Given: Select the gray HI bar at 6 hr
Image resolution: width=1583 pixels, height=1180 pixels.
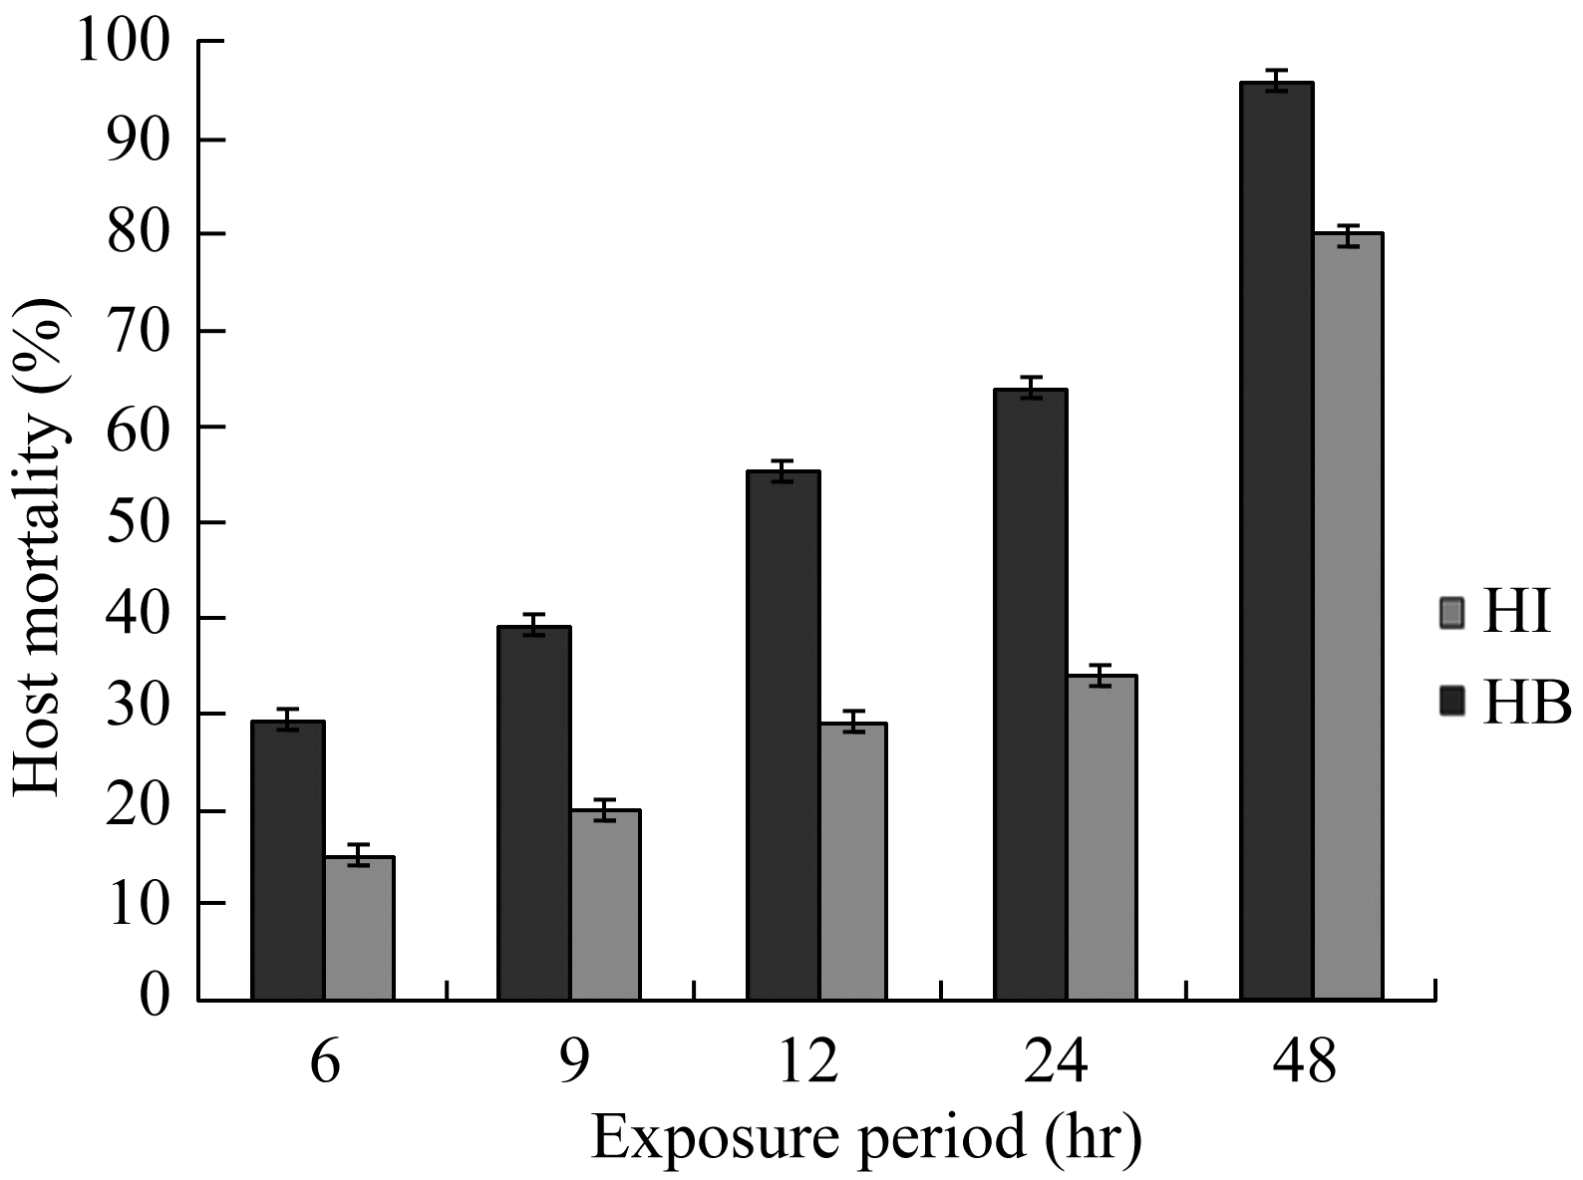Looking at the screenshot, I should point(360,928).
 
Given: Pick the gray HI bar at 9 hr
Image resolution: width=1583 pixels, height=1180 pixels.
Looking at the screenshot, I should point(605,905).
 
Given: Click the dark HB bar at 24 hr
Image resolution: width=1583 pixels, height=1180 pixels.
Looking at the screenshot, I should point(1031,695).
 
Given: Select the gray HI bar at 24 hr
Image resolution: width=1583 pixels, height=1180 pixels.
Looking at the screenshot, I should point(1102,837).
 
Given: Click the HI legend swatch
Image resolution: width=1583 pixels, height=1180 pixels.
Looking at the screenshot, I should point(1452,613).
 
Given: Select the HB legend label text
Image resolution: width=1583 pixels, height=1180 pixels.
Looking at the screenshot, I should point(1526,704).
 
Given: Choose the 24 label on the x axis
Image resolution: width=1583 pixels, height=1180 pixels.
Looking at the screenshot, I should point(1056,1062).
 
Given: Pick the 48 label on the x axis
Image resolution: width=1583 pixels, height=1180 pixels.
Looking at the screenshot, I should point(1304,1062).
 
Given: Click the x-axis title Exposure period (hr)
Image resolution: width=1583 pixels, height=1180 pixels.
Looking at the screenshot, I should point(865,1138).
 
